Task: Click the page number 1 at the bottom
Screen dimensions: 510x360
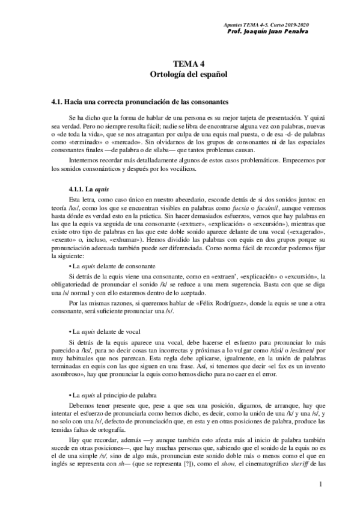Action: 322,484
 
